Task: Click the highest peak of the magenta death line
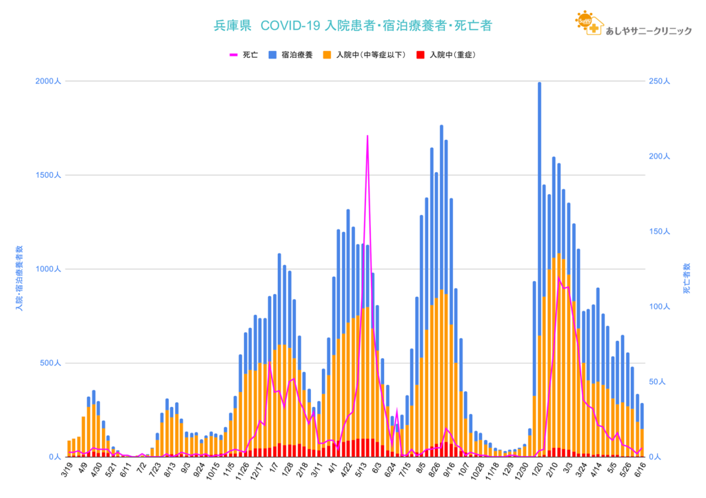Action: (x=367, y=136)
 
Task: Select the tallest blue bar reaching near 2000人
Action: (x=539, y=83)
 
